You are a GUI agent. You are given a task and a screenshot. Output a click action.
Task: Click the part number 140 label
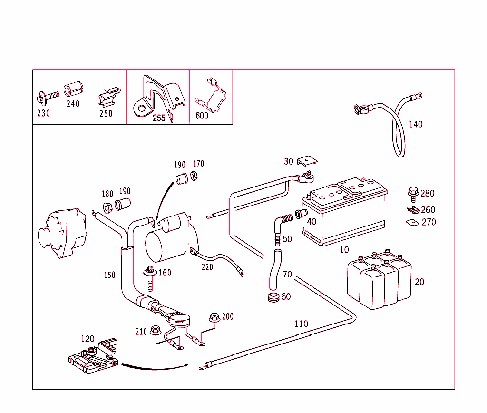click(x=415, y=125)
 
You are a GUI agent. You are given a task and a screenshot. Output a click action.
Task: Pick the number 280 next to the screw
click(x=427, y=194)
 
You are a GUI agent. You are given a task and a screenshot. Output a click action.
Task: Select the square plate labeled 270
click(x=411, y=222)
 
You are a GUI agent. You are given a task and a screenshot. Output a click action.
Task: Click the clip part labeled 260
click(x=412, y=210)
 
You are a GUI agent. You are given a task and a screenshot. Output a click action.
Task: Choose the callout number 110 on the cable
click(x=301, y=324)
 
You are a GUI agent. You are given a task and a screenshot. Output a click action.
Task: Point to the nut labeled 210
click(x=155, y=330)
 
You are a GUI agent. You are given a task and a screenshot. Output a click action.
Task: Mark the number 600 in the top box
click(x=202, y=116)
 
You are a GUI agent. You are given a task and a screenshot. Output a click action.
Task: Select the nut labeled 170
click(x=194, y=176)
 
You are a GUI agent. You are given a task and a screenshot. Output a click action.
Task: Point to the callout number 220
click(x=207, y=267)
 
